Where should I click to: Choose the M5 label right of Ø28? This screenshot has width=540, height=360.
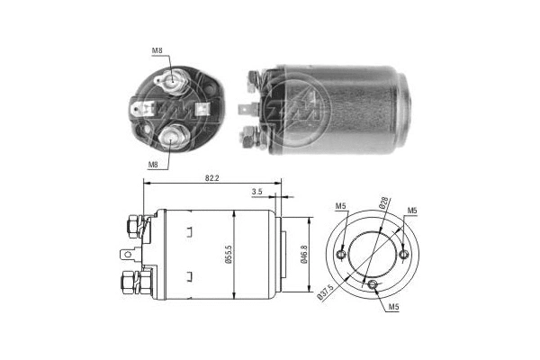click(412, 211)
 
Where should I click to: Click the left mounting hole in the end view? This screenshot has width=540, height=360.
click(341, 255)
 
